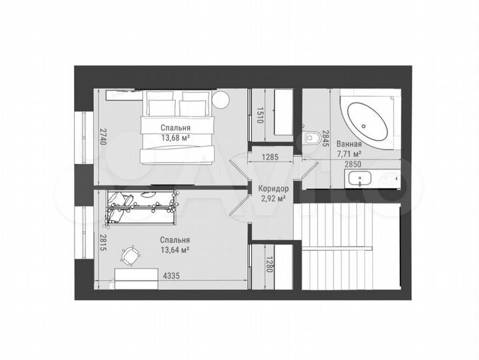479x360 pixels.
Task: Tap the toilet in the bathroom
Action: (312, 138)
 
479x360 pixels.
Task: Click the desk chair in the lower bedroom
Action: (131, 255)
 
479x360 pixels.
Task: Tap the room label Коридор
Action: (272, 189)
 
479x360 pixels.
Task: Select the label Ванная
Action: (349, 144)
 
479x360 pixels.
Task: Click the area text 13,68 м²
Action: (175, 137)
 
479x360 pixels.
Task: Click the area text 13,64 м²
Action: (175, 251)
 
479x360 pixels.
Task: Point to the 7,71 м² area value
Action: (349, 154)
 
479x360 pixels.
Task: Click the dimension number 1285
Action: (269, 158)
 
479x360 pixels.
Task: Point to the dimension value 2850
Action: (354, 164)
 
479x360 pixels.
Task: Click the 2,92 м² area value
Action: (272, 198)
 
